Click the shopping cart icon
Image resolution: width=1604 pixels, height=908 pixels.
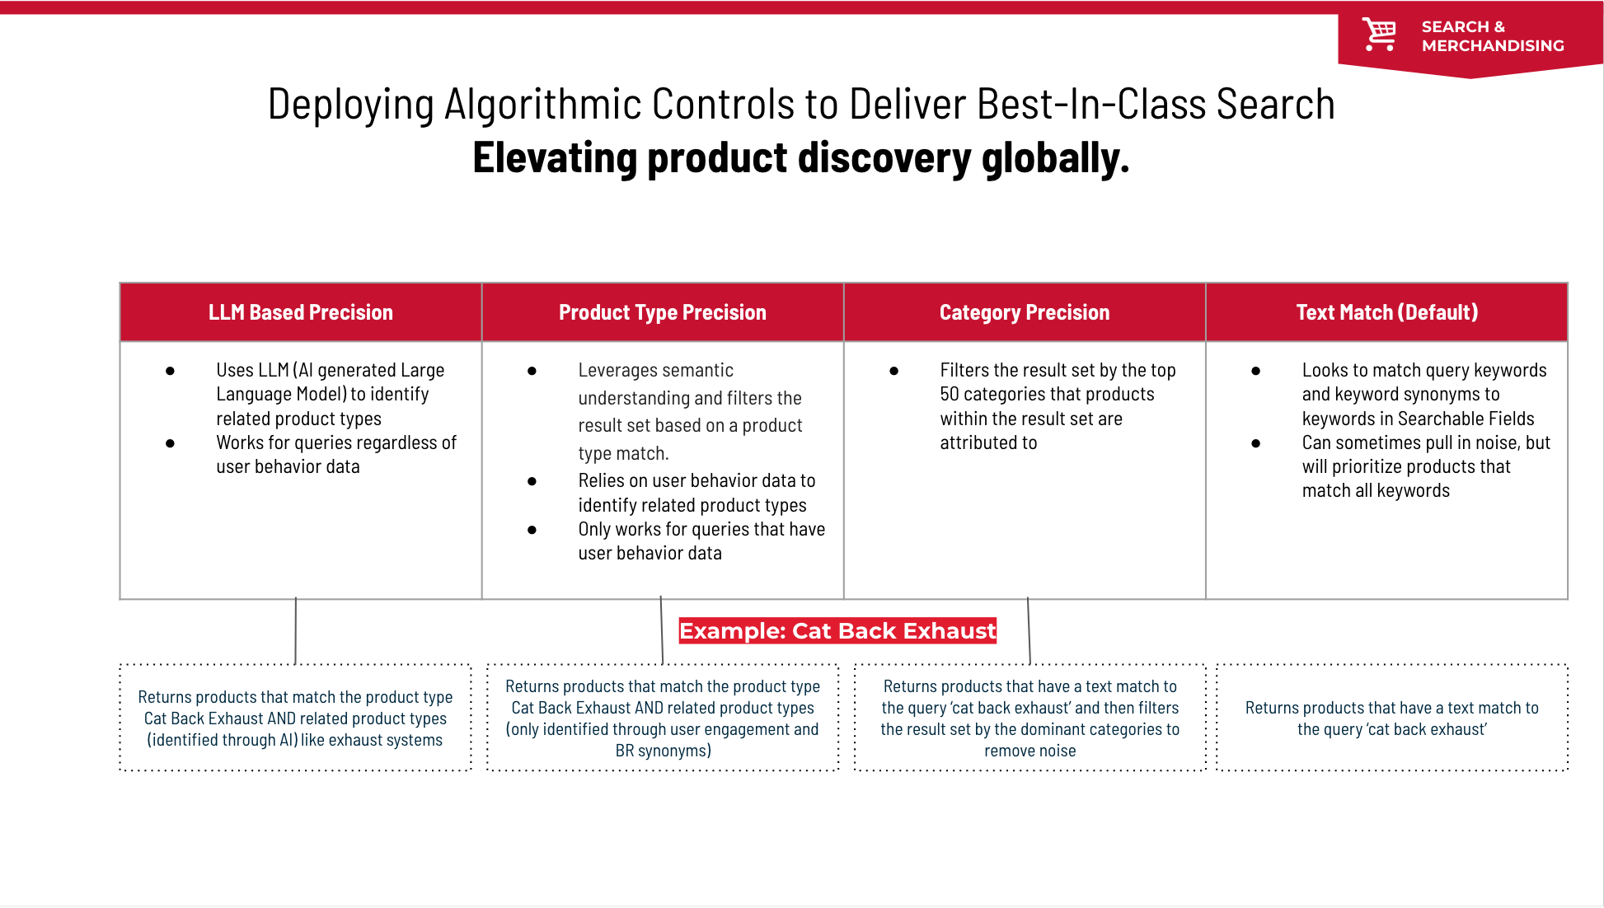pyautogui.click(x=1379, y=35)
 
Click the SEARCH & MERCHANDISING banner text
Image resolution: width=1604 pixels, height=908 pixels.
pyautogui.click(x=1492, y=36)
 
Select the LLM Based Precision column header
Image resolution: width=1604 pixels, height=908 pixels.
pyautogui.click(x=301, y=312)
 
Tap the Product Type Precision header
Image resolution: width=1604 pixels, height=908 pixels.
pyautogui.click(x=662, y=312)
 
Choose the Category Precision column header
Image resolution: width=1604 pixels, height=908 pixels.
pyautogui.click(x=1024, y=312)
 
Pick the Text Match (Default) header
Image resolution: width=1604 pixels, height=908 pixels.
pyautogui.click(x=1386, y=312)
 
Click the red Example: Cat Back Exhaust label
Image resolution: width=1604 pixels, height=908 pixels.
pyautogui.click(x=837, y=630)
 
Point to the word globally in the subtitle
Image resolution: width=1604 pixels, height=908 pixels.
pyautogui.click(x=1055, y=158)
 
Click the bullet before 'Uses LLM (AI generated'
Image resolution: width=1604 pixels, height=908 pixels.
pyautogui.click(x=170, y=371)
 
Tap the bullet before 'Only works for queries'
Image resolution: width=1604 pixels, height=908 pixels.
pyautogui.click(x=532, y=530)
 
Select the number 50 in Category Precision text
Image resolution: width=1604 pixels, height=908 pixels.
pyautogui.click(x=950, y=395)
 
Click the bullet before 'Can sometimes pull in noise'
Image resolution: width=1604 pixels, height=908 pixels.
pyautogui.click(x=1255, y=443)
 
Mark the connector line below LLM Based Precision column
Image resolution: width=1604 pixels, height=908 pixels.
pyautogui.click(x=295, y=630)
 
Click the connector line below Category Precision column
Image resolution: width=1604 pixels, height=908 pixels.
pyautogui.click(x=1029, y=630)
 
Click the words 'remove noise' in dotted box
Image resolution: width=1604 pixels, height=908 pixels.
pyautogui.click(x=1029, y=751)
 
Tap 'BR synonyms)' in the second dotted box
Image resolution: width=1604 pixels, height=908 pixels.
pyautogui.click(x=663, y=751)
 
